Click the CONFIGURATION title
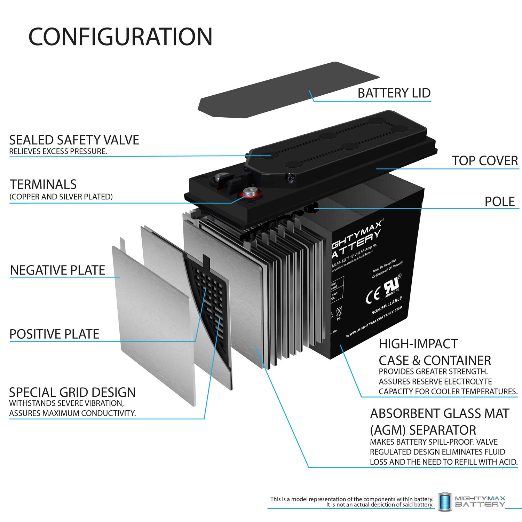click(x=120, y=37)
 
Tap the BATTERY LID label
click(x=394, y=93)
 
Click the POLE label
click(x=499, y=201)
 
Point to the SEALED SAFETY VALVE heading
click(x=74, y=140)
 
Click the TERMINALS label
click(x=43, y=184)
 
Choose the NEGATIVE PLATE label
click(x=57, y=270)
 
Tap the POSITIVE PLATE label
click(x=54, y=334)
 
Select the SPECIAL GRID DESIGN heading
click(x=72, y=392)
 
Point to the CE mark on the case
click(x=373, y=296)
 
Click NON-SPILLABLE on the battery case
click(x=387, y=305)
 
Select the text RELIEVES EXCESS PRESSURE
click(x=58, y=151)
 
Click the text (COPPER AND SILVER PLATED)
click(x=61, y=197)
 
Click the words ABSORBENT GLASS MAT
click(x=440, y=413)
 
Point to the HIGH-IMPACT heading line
click(x=418, y=344)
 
